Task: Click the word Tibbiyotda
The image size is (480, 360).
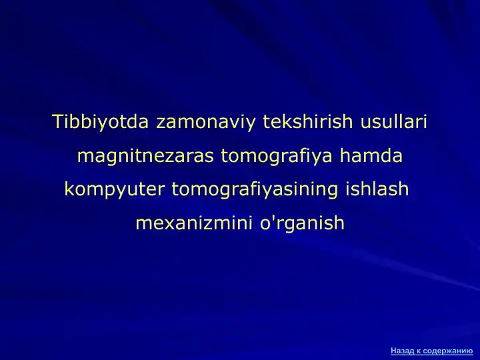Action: click(101, 123)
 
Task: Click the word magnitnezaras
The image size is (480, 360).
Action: click(145, 157)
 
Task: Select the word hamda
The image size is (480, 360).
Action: click(371, 156)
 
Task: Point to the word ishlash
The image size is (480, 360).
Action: click(377, 189)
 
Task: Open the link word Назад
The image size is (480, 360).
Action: click(403, 350)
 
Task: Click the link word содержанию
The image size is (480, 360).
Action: click(448, 350)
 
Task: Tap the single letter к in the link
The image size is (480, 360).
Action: click(419, 350)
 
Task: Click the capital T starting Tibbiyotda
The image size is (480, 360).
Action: click(57, 123)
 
